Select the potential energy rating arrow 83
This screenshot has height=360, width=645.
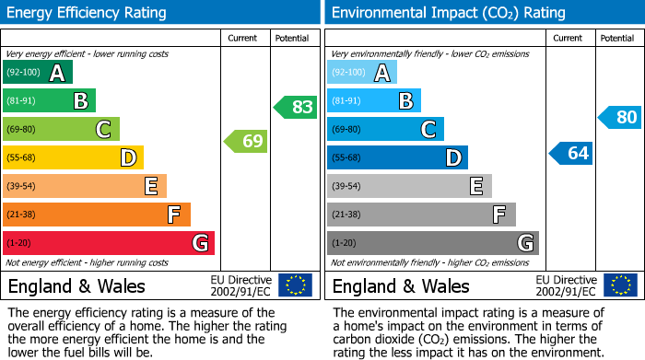[296, 107]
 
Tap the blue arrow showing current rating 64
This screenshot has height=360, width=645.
[571, 153]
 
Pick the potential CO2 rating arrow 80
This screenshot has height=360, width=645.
[620, 118]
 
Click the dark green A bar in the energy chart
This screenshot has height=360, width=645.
[38, 73]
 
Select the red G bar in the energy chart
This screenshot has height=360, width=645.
[109, 243]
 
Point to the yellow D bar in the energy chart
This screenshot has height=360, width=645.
[73, 158]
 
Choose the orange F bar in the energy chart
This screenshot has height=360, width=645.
[97, 215]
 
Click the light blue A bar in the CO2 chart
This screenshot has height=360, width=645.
[362, 73]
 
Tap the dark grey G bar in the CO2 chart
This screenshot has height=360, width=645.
[432, 243]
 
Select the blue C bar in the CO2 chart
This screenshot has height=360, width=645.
[385, 130]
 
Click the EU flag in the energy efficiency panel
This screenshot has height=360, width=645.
[295, 285]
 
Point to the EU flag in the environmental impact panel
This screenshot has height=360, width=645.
[619, 285]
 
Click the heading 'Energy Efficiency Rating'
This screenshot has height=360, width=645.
[88, 13]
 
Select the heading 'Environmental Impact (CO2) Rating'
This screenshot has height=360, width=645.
[448, 13]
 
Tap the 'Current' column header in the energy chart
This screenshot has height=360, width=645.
[244, 38]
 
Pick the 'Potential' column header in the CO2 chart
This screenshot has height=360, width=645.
[617, 38]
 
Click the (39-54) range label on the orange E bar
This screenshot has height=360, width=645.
[21, 187]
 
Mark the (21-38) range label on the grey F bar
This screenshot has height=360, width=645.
[346, 215]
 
